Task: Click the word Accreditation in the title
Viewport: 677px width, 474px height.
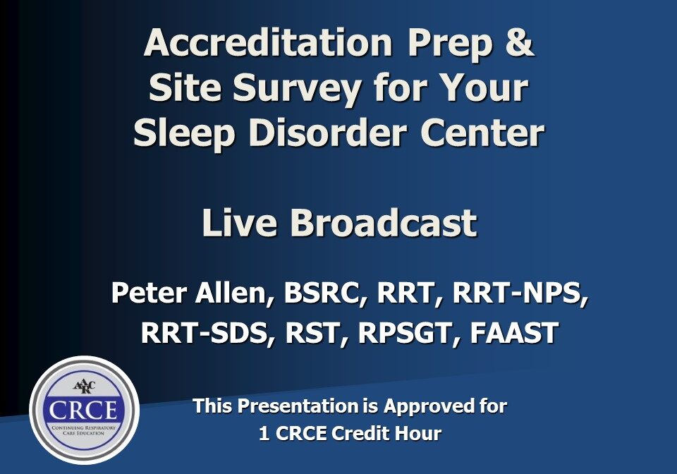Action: pyautogui.click(x=268, y=43)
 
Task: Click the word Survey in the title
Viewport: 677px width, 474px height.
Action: pyautogui.click(x=300, y=89)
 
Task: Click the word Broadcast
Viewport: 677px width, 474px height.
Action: pyautogui.click(x=384, y=224)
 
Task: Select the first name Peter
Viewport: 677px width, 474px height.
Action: pyautogui.click(x=145, y=293)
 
